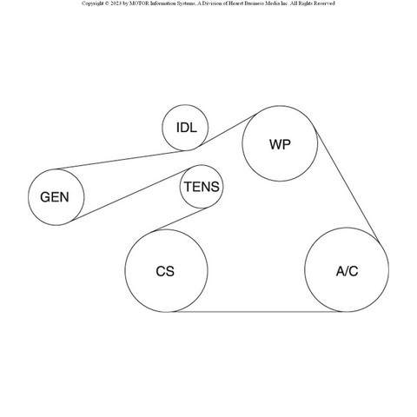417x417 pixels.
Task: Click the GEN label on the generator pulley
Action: (55, 197)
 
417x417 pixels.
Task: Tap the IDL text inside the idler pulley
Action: (187, 128)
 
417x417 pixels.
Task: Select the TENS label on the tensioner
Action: (202, 187)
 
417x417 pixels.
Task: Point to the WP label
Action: (280, 144)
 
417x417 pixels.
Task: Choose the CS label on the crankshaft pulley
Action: (165, 271)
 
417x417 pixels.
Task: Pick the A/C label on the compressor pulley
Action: (347, 271)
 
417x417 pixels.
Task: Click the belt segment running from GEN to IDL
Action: (122, 160)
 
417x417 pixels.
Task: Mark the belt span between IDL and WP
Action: (228, 129)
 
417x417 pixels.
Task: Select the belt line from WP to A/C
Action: (347, 186)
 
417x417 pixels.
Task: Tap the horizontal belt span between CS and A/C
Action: (258, 312)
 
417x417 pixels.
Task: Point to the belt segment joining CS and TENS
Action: (181, 219)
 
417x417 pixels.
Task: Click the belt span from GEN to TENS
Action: (130, 195)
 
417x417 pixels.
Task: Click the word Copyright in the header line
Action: (92, 3)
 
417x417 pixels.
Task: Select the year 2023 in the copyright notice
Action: (116, 3)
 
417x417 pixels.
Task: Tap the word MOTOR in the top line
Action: (139, 3)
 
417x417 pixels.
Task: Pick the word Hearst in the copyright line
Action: (237, 3)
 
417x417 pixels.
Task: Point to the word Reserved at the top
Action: (323, 3)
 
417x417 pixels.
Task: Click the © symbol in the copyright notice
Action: (107, 3)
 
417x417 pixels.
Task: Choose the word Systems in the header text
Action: (186, 3)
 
